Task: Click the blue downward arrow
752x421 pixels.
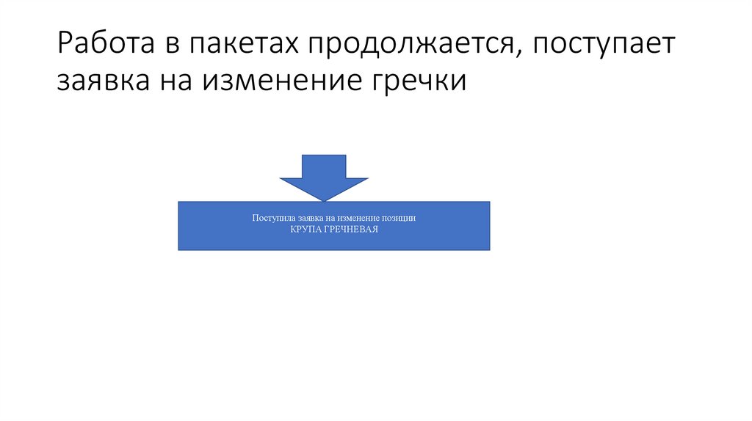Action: (x=324, y=177)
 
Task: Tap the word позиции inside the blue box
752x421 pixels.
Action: (x=400, y=219)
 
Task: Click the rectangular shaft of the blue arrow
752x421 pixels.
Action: (x=324, y=166)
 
